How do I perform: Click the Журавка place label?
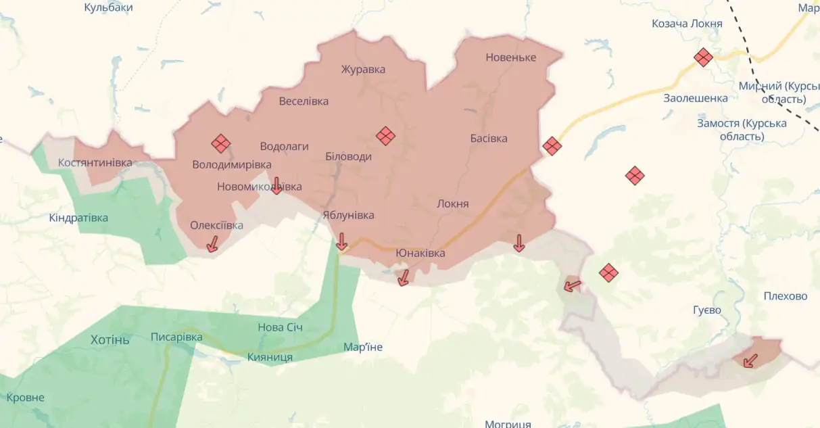363,70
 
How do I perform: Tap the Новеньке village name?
510,57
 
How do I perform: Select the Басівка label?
489,139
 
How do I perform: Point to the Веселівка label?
304,101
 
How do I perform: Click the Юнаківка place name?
420,253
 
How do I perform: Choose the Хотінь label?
110,339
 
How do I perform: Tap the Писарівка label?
176,337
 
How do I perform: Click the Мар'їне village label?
363,347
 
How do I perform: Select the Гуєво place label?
707,310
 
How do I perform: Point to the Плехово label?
786,296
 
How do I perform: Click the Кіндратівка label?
78,218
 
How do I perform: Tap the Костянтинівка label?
95,163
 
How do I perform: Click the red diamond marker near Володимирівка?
220,143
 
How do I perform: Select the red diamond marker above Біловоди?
385,136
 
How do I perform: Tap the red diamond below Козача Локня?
703,57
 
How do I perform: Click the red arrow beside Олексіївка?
212,244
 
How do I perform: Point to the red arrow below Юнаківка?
404,277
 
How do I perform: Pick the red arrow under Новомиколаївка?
276,185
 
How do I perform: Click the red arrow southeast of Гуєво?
750,360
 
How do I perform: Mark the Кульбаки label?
108,7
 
